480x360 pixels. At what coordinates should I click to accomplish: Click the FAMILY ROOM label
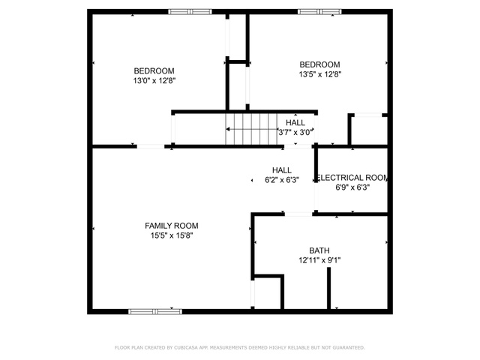tap(172, 226)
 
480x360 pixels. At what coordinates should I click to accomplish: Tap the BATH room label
tap(319, 250)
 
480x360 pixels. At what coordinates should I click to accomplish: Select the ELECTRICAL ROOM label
tap(352, 178)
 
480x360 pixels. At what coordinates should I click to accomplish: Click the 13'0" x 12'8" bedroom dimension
tap(154, 80)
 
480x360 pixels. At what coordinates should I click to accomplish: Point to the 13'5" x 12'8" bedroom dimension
tap(320, 74)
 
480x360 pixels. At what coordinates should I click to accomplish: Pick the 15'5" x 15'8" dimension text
tap(172, 235)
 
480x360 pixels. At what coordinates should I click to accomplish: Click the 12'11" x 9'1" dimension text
tap(319, 260)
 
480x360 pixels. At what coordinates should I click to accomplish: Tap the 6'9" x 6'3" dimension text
tap(352, 187)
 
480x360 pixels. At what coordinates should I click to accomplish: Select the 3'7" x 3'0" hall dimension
tap(295, 133)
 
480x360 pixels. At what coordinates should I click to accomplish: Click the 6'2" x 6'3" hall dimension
tap(282, 180)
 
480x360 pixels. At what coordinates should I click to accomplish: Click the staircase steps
tap(251, 129)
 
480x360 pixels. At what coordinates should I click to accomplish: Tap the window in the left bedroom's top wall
tap(190, 12)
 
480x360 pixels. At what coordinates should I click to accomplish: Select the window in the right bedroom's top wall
tap(319, 12)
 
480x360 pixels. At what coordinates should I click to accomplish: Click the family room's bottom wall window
tap(155, 312)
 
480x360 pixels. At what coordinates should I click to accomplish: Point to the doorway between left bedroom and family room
tap(151, 146)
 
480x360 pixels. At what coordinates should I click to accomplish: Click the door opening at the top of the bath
tap(298, 214)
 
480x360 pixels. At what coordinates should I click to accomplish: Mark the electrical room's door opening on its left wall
tap(316, 196)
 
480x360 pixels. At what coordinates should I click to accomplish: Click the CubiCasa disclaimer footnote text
tap(240, 347)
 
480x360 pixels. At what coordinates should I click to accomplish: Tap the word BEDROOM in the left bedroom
tap(154, 70)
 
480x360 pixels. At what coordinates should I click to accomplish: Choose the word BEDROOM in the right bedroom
tap(319, 64)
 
